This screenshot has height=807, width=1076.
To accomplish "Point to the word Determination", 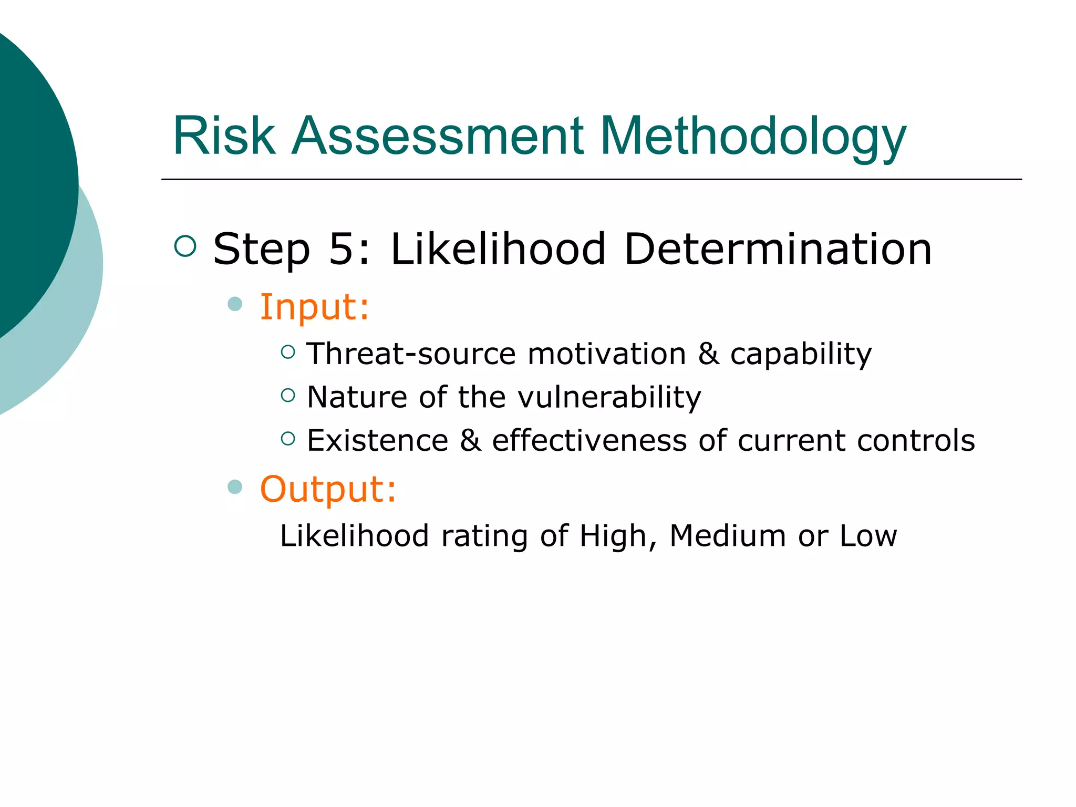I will point(778,249).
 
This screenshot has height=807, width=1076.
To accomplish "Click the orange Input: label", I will point(314,307).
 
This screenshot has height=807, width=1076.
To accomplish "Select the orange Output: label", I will point(328,489).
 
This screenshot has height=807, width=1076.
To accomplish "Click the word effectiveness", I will point(589,440).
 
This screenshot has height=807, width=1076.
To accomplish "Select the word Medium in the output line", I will point(728,536).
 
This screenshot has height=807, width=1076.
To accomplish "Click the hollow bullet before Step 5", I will point(185,246).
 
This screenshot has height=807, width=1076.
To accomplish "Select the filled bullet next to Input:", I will point(235,304).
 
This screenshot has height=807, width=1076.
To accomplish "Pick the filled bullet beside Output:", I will point(235,487).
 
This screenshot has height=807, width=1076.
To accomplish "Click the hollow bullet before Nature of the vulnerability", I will point(288,395).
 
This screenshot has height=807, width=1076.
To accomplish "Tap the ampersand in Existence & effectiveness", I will point(470,440).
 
